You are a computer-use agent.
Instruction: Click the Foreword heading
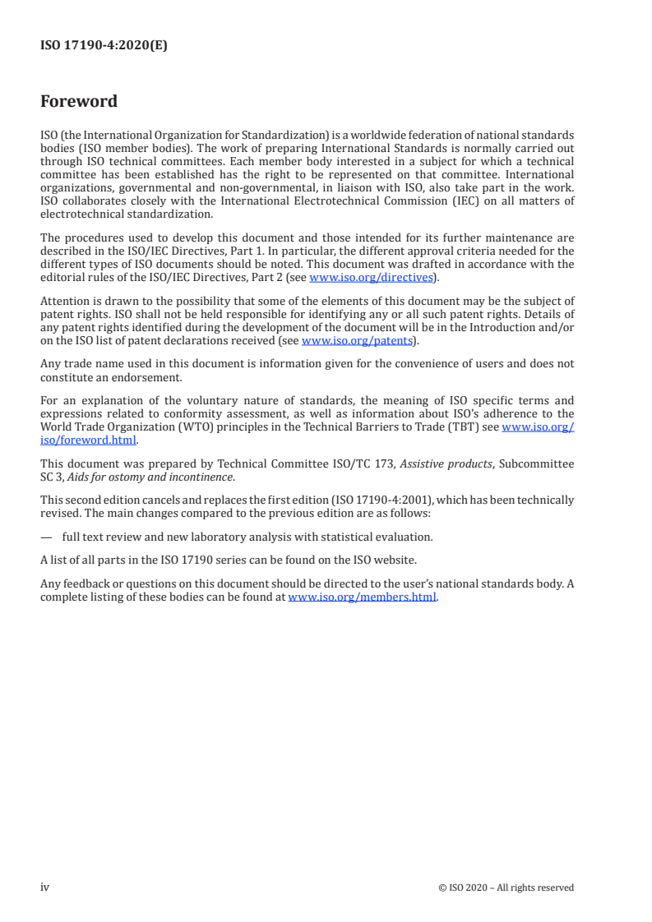coord(79,102)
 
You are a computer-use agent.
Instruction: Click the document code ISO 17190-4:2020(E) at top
coord(104,46)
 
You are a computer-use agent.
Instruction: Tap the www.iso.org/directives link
coord(371,277)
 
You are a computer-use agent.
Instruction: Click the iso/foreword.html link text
coord(88,440)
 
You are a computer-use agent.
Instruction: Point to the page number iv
coord(44,887)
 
